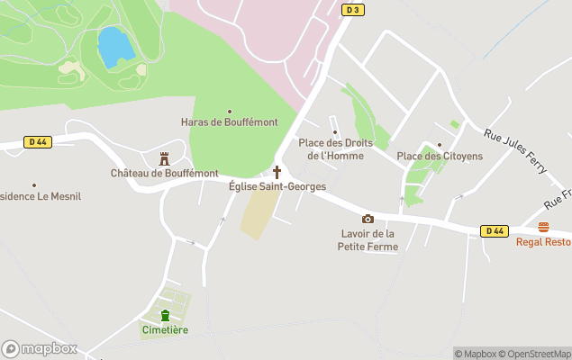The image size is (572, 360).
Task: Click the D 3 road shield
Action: click(x=353, y=10)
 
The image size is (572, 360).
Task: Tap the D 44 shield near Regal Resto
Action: click(x=493, y=231)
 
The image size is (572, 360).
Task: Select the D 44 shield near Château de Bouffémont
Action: click(x=37, y=141)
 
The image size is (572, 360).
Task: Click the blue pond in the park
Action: click(x=114, y=47)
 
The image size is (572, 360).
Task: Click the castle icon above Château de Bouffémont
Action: click(x=164, y=158)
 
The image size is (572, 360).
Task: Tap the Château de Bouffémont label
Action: click(x=164, y=173)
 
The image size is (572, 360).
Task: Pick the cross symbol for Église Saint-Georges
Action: click(x=277, y=172)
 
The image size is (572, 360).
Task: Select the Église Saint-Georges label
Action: click(x=277, y=186)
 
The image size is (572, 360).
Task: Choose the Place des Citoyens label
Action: click(x=440, y=157)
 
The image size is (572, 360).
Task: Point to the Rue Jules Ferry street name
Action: click(x=516, y=148)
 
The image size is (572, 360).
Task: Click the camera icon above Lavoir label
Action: click(x=368, y=219)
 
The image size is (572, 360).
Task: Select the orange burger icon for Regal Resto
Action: click(x=542, y=227)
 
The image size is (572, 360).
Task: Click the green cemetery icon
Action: click(x=165, y=315)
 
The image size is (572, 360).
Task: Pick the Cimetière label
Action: click(x=165, y=330)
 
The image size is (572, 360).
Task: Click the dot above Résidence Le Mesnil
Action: click(x=34, y=185)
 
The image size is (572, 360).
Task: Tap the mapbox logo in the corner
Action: click(x=40, y=348)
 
